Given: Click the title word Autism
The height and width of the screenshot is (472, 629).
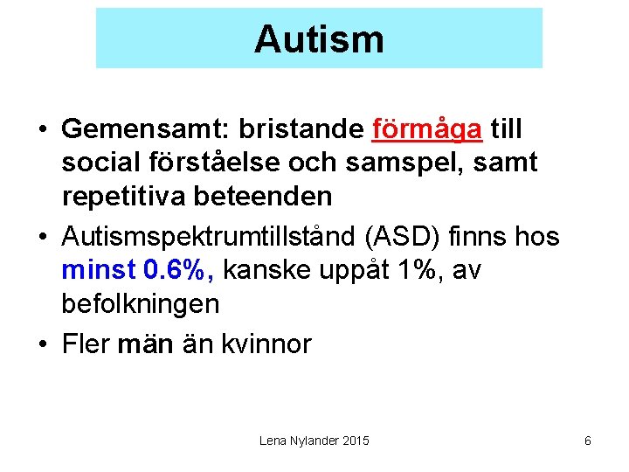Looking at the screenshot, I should coord(319,39).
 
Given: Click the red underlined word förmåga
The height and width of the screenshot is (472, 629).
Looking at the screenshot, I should coord(426,129).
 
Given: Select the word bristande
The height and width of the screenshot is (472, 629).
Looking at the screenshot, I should coord(300,129).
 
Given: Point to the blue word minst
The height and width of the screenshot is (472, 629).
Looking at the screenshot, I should coord(93,271).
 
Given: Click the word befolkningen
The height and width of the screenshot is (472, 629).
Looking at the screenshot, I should coord(140,304).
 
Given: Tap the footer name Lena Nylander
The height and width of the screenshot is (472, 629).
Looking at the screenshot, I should coord(297,441).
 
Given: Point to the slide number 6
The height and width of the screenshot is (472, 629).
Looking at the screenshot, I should coord(587,441).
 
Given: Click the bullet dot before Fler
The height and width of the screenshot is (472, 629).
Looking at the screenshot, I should coord(43,344).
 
